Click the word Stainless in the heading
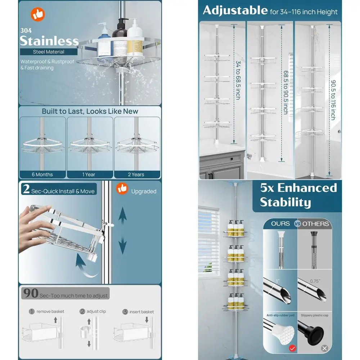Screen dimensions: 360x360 point(49,40)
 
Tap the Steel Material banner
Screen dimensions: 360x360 point(49,52)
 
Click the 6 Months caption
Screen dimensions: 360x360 point(42,174)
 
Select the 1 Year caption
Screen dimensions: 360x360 point(89,174)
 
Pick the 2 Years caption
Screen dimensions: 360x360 point(136,174)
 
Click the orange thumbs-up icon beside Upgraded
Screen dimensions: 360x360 point(122,189)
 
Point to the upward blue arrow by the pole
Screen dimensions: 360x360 point(123,216)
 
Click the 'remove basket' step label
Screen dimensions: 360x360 point(50,311)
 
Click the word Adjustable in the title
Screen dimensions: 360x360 point(235,10)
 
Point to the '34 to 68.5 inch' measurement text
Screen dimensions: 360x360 point(238,80)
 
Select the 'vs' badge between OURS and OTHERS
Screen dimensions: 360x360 point(297,224)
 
